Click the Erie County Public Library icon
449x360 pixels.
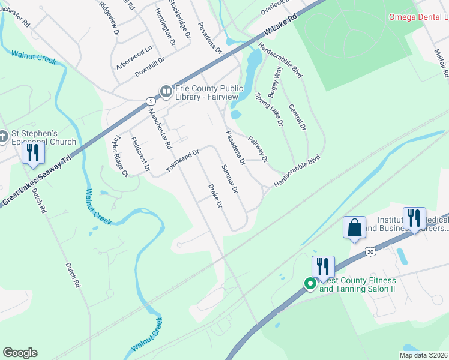click(166, 92)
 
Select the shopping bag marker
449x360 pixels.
click(354, 228)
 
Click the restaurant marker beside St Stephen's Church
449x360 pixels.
click(33, 153)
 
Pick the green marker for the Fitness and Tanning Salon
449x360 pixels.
click(310, 284)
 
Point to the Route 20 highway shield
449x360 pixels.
click(370, 251)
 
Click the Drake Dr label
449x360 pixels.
click(215, 196)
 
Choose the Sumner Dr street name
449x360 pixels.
click(230, 179)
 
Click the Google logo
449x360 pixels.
click(20, 353)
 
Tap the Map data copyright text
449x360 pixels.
click(423, 355)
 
